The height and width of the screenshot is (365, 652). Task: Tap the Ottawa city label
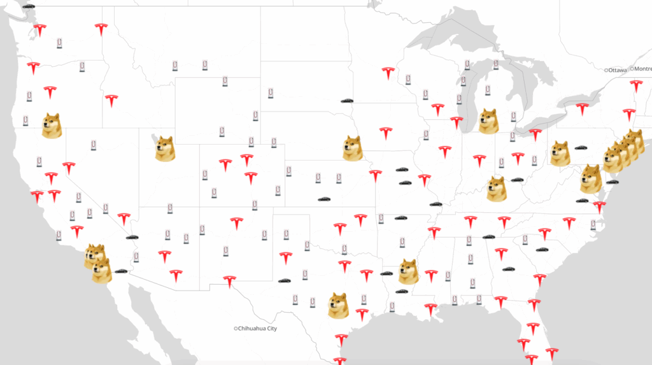point(617,69)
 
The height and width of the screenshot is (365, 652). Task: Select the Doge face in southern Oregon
point(52,125)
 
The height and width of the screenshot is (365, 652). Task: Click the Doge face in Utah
point(165,148)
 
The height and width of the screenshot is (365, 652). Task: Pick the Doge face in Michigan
point(488,121)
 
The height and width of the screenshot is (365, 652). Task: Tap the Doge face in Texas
point(338,306)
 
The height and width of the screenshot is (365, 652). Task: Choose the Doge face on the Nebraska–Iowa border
point(352,148)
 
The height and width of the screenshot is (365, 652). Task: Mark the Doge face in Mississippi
point(408,271)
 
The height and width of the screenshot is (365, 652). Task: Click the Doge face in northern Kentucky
point(497,189)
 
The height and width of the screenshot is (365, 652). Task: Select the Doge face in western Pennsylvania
point(560,154)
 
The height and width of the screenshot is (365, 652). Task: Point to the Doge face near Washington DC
point(590,178)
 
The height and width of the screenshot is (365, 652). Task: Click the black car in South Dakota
point(347,101)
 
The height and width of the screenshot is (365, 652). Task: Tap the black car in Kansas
point(325,200)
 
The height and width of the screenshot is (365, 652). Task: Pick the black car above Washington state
point(29,5)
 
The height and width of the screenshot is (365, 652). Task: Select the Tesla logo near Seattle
point(40,30)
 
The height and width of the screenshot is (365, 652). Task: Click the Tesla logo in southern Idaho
point(112,100)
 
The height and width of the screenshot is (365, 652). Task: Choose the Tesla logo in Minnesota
point(388,73)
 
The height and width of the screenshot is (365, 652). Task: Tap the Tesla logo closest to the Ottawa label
point(635,85)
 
